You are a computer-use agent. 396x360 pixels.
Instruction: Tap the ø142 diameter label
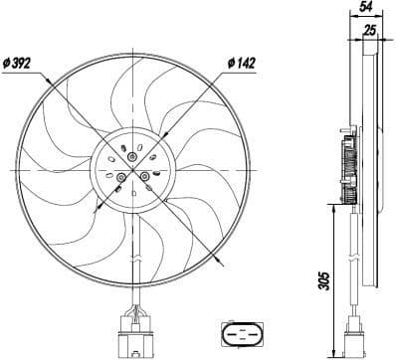242,63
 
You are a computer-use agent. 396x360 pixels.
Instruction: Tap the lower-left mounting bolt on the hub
121,178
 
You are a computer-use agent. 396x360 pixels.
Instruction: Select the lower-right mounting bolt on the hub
145,177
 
